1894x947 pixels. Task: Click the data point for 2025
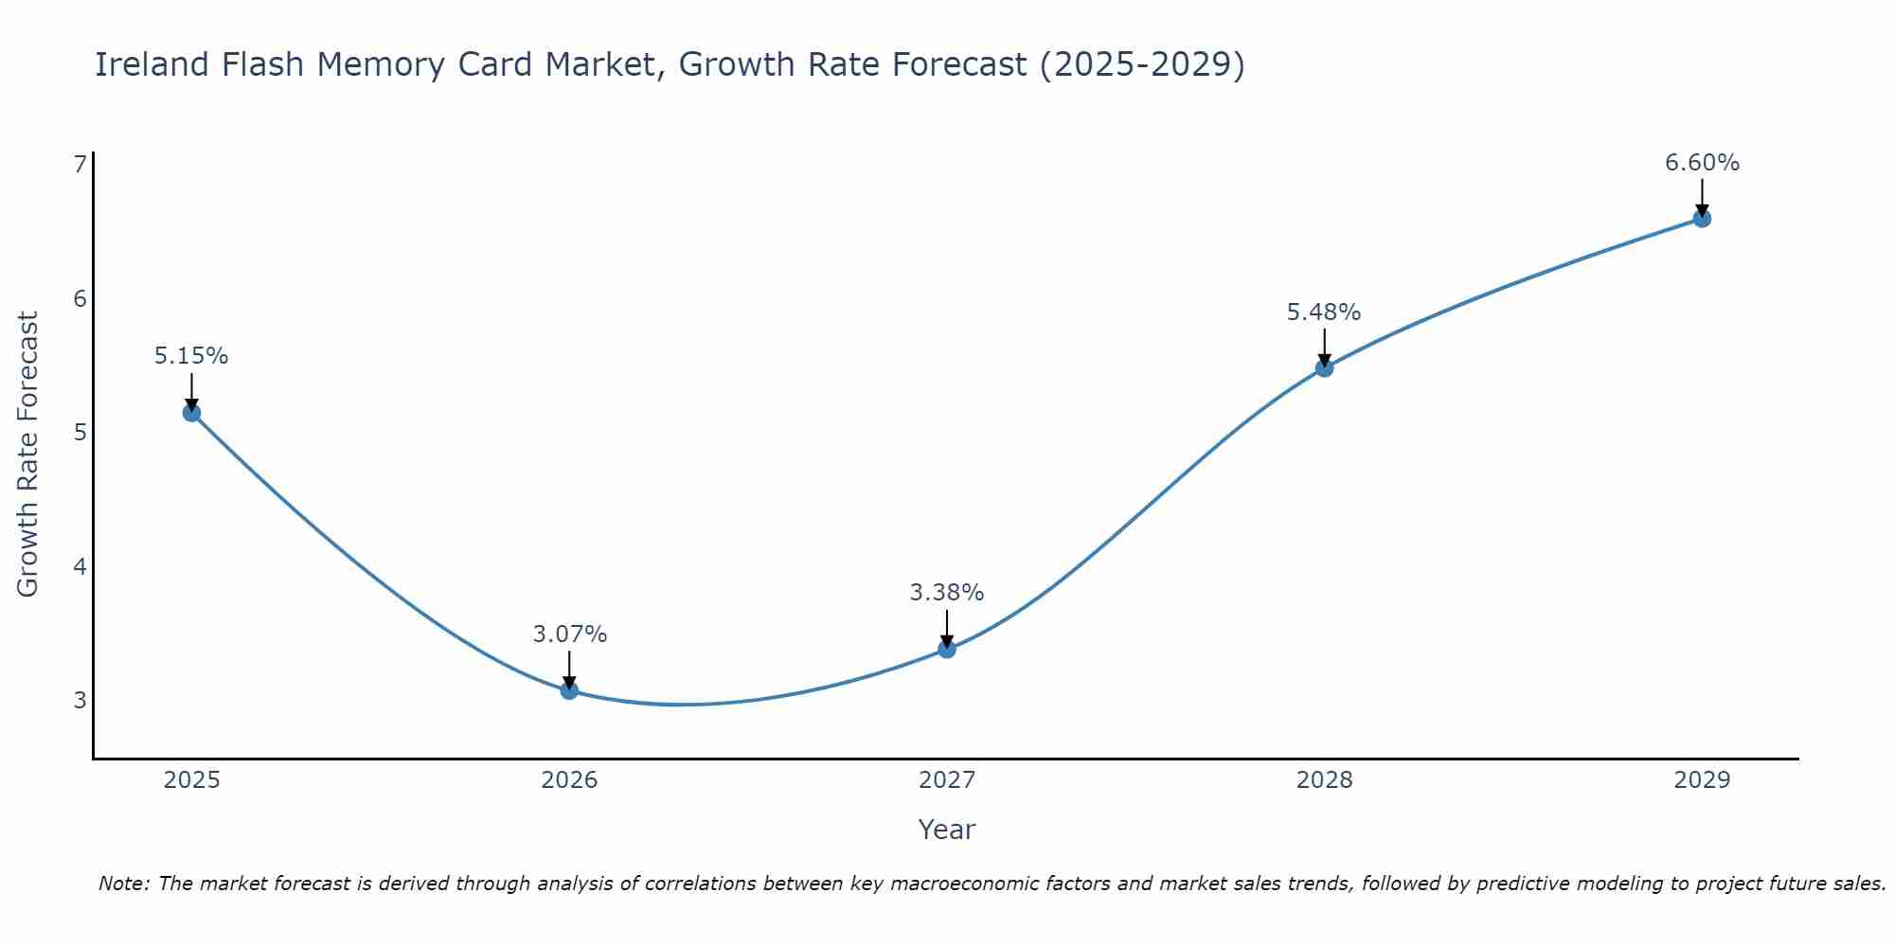point(191,413)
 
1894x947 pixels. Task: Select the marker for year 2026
point(569,690)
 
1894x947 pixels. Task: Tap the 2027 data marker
point(947,649)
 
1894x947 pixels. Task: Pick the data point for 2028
point(1324,367)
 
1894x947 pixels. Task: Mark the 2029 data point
point(1702,219)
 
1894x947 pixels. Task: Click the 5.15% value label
point(191,356)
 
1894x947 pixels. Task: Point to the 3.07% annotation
point(569,634)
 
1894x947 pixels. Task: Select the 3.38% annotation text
point(947,593)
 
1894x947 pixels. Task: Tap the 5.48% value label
point(1324,312)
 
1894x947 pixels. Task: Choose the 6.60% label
point(1702,163)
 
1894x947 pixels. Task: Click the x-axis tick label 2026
point(569,780)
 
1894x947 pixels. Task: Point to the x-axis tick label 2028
point(1324,780)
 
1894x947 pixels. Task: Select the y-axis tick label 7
point(80,165)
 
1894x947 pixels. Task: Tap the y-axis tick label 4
point(80,567)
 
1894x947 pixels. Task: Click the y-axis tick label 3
point(80,701)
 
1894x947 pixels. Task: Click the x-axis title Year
point(947,830)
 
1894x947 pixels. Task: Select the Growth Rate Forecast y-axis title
point(28,455)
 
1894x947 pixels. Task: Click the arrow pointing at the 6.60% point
point(1702,197)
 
